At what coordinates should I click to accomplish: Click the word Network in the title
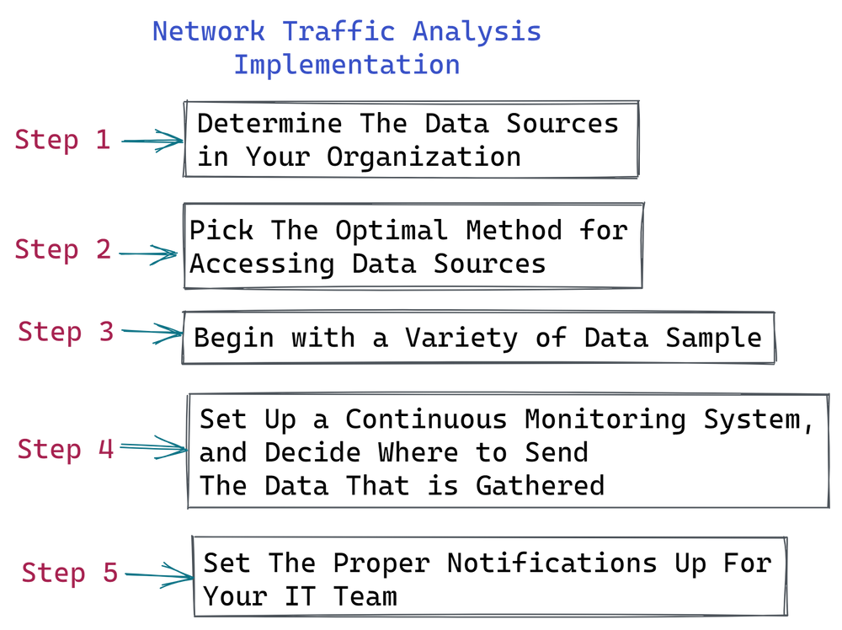pos(209,32)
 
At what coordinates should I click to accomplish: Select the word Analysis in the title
pos(477,32)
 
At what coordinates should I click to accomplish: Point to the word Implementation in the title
pos(346,65)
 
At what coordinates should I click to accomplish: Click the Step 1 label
pos(62,139)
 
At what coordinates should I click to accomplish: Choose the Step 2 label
pos(62,249)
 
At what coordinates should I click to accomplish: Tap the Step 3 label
pos(66,331)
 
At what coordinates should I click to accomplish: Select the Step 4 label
pos(66,448)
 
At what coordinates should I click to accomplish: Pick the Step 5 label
pos(70,573)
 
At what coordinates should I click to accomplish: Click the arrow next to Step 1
pos(152,141)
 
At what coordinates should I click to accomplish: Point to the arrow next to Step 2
pos(149,253)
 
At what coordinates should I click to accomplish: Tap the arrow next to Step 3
pos(152,332)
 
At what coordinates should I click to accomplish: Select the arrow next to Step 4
pos(152,447)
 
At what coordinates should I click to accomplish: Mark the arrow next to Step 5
pos(158,575)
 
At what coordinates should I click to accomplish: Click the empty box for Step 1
pos(412,139)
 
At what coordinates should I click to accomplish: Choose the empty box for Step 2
pos(413,245)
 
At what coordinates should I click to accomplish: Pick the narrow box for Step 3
pos(478,337)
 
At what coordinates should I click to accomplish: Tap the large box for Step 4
pos(508,450)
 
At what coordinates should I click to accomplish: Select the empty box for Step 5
pos(490,574)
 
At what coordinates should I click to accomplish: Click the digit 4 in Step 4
pos(104,448)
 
